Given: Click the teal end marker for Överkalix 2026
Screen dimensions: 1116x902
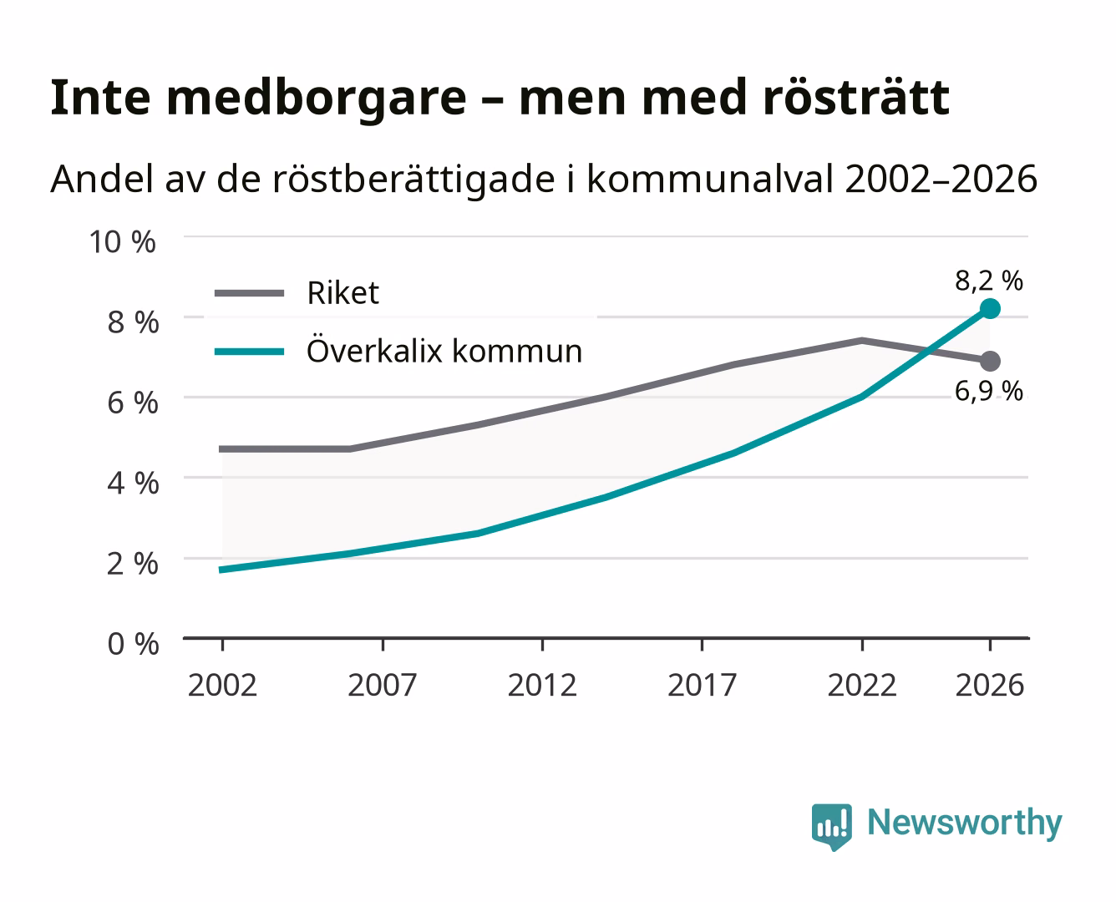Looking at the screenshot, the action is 990,308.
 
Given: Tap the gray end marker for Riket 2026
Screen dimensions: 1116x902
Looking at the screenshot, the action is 990,361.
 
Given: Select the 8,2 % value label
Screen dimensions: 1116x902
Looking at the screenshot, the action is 989,281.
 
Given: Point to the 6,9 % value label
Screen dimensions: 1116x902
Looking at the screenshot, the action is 989,392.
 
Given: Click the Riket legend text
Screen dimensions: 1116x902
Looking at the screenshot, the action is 342,292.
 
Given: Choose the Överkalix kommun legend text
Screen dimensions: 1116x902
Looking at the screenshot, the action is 444,350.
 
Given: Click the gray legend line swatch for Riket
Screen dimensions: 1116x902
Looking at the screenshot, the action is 250,293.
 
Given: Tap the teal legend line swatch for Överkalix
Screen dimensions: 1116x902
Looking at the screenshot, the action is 250,352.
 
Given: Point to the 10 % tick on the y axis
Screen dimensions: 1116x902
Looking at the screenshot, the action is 123,242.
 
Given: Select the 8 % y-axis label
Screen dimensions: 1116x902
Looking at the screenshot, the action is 133,322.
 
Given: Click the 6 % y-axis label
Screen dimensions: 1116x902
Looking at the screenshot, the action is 133,403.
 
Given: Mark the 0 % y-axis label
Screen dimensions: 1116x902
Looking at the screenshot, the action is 133,644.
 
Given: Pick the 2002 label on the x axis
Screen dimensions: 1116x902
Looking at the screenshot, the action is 223,685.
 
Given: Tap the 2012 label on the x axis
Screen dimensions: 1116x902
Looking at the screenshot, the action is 542,685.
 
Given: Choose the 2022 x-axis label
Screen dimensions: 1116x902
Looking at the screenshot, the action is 862,685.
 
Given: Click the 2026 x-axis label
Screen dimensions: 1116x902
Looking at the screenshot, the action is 990,685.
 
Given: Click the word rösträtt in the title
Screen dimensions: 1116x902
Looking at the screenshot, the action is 856,98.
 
